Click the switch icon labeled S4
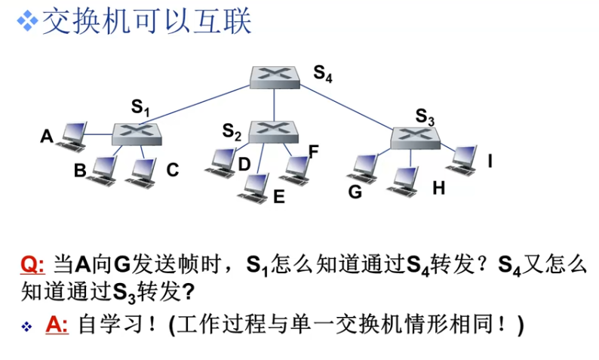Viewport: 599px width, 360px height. (x=274, y=75)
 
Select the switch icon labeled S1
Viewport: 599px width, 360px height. (x=138, y=134)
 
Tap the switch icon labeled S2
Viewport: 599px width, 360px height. (x=273, y=132)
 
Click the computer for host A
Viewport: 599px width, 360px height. (x=74, y=134)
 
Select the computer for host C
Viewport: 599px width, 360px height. (x=141, y=171)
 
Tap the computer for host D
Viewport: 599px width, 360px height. (x=220, y=161)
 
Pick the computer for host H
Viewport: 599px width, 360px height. (x=405, y=180)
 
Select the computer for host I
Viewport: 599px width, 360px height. (x=462, y=157)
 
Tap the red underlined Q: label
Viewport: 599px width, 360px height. (x=32, y=266)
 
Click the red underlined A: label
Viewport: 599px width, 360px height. (x=57, y=325)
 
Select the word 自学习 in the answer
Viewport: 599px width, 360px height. (x=111, y=325)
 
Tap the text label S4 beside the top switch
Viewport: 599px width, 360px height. (x=323, y=73)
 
